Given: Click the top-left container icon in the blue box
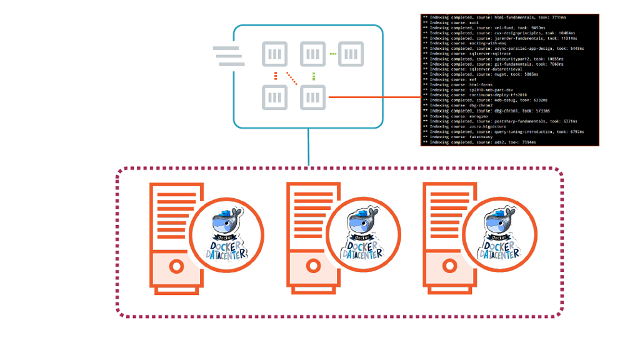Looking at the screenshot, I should coord(274,54).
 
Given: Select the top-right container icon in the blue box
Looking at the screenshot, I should coord(350,54).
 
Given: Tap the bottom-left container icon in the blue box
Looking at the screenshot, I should coord(274,97).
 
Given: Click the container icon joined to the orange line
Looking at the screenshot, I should coord(313,97).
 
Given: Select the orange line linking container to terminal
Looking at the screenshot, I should coord(374,97).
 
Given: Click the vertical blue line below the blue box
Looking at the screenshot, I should coord(309,147).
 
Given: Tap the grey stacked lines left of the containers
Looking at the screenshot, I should coord(229,56).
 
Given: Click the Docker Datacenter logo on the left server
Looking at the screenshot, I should coord(226,236).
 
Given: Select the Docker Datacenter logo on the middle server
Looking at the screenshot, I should coord(364,236).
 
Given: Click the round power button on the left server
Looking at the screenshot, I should coord(176,266).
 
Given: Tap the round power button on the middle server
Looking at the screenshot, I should coord(313,266).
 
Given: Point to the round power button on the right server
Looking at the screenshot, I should coord(449,266).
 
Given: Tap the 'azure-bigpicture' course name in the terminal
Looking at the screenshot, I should coord(488,127).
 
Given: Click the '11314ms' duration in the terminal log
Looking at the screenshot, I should coord(576,38).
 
